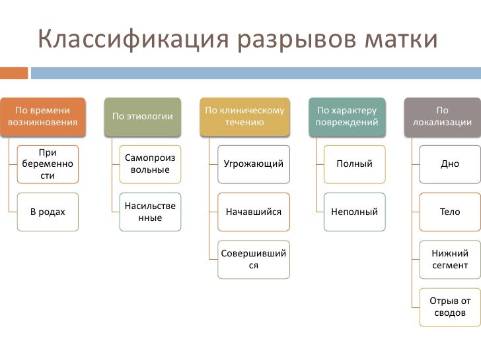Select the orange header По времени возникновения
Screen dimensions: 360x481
click(x=43, y=117)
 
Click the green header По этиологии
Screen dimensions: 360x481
click(x=143, y=117)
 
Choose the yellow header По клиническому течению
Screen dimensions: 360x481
click(x=245, y=117)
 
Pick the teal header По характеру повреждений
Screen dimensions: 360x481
click(x=347, y=117)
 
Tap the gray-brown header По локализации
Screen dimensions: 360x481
click(x=442, y=117)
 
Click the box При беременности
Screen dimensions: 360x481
click(x=48, y=164)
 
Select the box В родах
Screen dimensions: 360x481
click(x=48, y=212)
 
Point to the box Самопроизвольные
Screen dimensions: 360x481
click(x=150, y=164)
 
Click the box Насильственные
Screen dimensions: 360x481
click(x=150, y=212)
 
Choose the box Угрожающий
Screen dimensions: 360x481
click(x=254, y=164)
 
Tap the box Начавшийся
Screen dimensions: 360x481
click(x=254, y=212)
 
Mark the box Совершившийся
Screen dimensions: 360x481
click(x=254, y=259)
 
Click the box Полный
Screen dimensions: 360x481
click(x=354, y=164)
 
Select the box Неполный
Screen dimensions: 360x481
click(x=354, y=212)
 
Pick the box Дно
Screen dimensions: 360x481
click(x=450, y=164)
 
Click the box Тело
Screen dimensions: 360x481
click(x=450, y=212)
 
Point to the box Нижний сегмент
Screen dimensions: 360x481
click(x=450, y=259)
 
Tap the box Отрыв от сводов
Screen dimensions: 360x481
click(x=450, y=307)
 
